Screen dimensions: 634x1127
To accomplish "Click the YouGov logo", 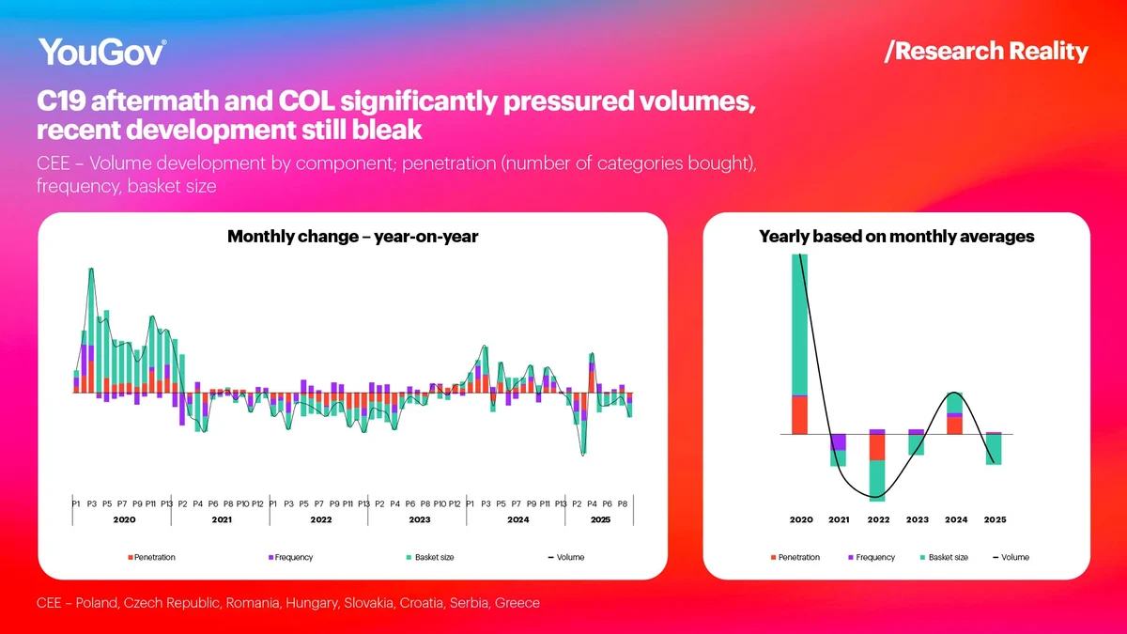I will [x=102, y=53].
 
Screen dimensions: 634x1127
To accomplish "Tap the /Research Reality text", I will [x=986, y=52].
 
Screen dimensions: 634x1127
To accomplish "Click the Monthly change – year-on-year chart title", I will [x=353, y=237].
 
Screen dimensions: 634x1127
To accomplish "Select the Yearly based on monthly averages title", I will [x=896, y=237].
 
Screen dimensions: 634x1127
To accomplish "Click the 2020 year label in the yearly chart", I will [x=800, y=519].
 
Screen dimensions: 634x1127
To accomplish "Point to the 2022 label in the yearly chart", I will [x=878, y=519].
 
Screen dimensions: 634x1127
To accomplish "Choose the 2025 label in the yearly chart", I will [x=994, y=519].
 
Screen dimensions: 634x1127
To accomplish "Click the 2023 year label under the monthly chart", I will [x=419, y=519].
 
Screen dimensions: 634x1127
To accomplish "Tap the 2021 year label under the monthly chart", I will [x=222, y=519].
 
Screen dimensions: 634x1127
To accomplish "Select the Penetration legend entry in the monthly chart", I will [x=153, y=558].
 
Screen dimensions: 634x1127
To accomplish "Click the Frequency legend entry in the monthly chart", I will [x=293, y=558].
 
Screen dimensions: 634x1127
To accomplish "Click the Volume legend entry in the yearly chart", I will [x=1013, y=558].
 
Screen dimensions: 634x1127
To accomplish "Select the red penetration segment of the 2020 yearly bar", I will [x=800, y=415].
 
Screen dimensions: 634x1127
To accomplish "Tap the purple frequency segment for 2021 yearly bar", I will [x=839, y=441].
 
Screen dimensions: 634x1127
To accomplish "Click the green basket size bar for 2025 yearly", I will [x=994, y=450].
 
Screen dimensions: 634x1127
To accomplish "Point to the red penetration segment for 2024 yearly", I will [x=954, y=425].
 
